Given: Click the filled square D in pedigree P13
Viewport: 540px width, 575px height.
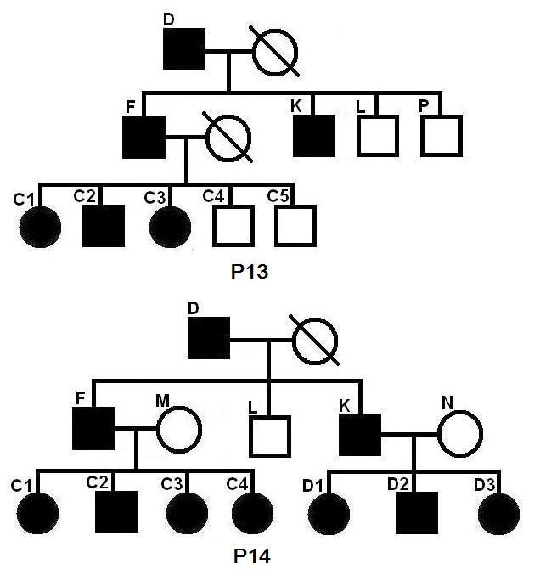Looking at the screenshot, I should point(185,50).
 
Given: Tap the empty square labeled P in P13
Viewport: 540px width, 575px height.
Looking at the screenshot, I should point(441,137).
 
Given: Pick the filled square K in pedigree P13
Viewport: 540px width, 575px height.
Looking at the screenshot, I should point(314,137).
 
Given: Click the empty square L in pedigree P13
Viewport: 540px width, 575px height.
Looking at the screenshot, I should point(377,137).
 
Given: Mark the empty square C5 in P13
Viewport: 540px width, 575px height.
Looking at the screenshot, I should point(295,225).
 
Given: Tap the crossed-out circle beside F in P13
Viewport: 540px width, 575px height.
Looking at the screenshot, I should point(228,137).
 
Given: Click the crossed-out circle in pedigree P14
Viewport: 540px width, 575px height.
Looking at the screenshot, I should point(314,342).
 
